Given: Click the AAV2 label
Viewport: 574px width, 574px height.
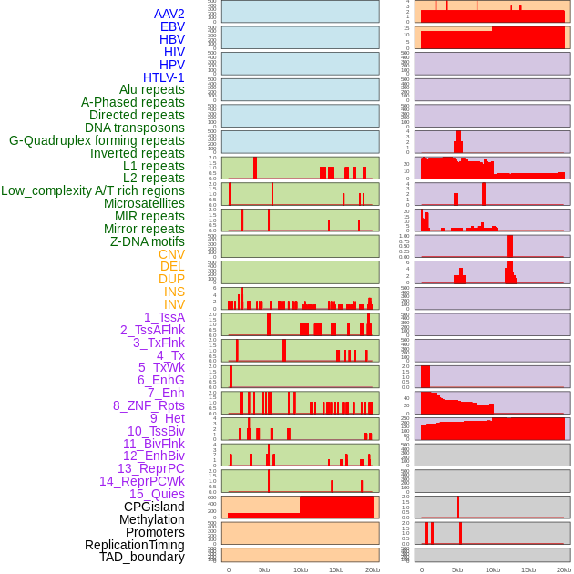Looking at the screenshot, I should pyautogui.click(x=169, y=14).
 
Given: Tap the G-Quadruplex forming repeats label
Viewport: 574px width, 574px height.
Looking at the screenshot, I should pyautogui.click(x=97, y=140).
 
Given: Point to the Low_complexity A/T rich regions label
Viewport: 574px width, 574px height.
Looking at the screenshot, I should pyautogui.click(x=93, y=190).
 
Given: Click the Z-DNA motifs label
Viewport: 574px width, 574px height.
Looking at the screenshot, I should pyautogui.click(x=148, y=241).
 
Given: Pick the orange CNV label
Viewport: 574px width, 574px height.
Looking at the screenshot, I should pyautogui.click(x=171, y=254).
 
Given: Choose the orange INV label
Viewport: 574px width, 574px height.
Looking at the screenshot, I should pyautogui.click(x=174, y=304).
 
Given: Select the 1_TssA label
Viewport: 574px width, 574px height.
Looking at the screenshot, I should pyautogui.click(x=164, y=317).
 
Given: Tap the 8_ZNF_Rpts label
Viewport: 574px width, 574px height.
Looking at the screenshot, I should pyautogui.click(x=149, y=405).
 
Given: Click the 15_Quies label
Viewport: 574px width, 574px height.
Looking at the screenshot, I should pyautogui.click(x=157, y=494).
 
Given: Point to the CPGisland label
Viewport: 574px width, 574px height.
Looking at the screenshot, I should pyautogui.click(x=154, y=507).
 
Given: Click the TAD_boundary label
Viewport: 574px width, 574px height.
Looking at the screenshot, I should pyautogui.click(x=142, y=557).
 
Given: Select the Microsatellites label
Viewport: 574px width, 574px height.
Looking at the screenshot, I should pyautogui.click(x=144, y=203).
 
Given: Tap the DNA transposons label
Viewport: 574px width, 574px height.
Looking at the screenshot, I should pyautogui.click(x=135, y=128).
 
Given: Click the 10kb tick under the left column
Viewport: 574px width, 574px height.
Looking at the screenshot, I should pyautogui.click(x=300, y=569).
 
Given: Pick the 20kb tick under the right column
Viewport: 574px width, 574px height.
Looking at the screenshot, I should pyautogui.click(x=564, y=569).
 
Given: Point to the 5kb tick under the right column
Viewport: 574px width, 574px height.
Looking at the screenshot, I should pyautogui.click(x=457, y=569).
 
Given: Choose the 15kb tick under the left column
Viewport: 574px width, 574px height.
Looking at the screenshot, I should pyautogui.click(x=335, y=569).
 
